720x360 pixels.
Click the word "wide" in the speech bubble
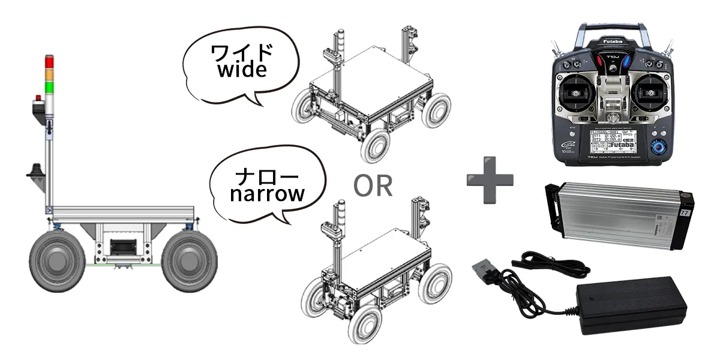[x=242, y=70]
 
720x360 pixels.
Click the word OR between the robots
[x=373, y=187]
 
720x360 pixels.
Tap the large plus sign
[x=490, y=179]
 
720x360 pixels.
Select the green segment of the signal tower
[x=49, y=88]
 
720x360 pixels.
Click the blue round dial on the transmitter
[x=659, y=146]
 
